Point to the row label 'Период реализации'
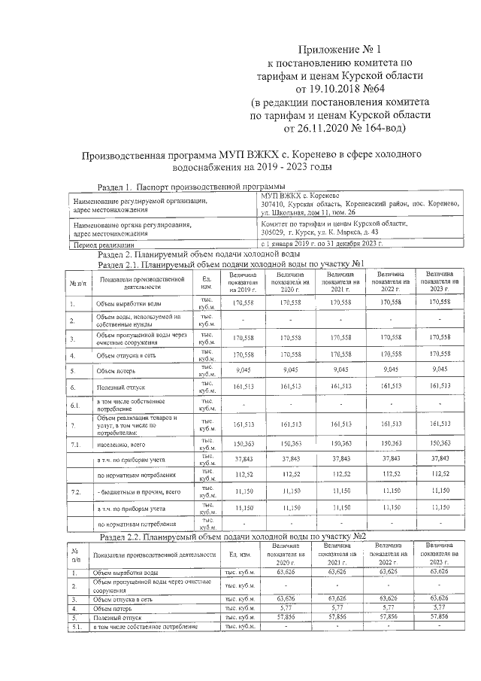[101, 245]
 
